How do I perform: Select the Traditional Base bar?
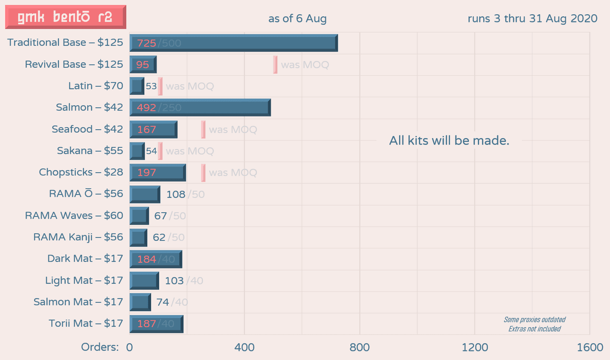234,43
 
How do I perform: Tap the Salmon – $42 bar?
200,107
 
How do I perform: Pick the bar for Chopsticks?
158,172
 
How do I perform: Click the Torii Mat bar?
156,324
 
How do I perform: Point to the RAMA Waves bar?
139,216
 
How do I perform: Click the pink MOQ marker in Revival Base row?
275,64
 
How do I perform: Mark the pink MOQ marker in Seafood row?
203,129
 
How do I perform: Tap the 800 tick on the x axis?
360,347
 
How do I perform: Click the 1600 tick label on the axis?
590,347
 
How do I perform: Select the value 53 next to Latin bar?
151,86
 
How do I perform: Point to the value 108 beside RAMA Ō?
175,195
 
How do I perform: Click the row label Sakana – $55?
90,151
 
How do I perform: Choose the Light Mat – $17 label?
84,280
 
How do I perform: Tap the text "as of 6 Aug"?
297,19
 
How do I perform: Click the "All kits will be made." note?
449,141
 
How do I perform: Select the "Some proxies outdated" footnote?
534,319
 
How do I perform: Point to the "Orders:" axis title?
100,347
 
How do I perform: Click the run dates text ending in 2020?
532,19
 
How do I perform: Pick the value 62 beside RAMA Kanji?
159,237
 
